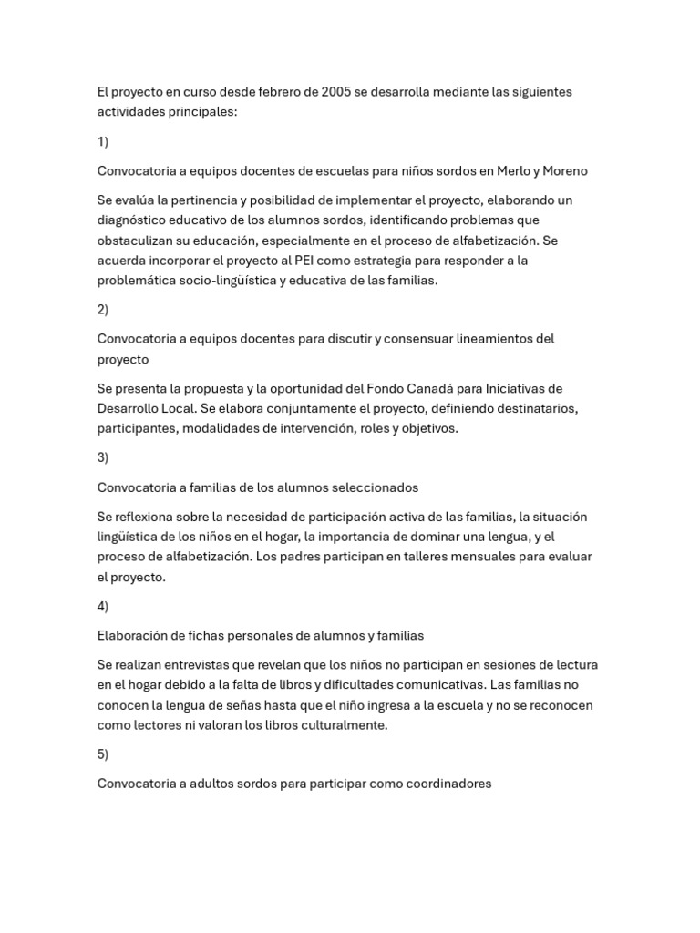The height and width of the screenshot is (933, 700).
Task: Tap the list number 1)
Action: click(103, 141)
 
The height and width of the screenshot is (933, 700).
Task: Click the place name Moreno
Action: click(566, 170)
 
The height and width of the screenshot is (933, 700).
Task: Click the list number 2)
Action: click(103, 310)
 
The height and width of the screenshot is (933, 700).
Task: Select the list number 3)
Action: click(103, 457)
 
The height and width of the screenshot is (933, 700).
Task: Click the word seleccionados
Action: click(374, 487)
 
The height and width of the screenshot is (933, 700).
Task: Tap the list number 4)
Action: click(103, 606)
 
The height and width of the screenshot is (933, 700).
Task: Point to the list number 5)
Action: click(103, 754)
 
